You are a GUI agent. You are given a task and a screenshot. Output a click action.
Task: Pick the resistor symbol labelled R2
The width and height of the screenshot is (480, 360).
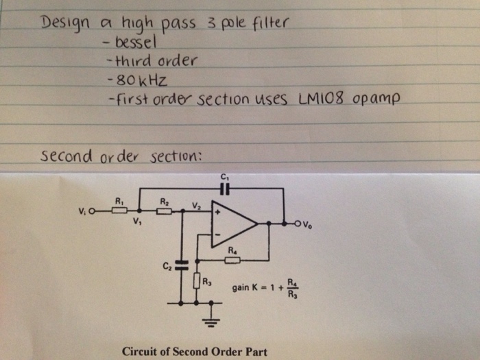coord(165,211)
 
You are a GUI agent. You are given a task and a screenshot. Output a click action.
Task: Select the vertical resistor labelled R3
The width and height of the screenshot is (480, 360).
coord(197,281)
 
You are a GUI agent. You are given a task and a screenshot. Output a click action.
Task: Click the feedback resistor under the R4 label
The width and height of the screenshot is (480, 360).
coord(232,261)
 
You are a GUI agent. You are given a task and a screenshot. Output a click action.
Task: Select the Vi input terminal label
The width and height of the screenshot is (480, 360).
coord(84,211)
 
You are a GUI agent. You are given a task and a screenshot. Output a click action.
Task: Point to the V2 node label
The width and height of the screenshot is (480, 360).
coord(196,204)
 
